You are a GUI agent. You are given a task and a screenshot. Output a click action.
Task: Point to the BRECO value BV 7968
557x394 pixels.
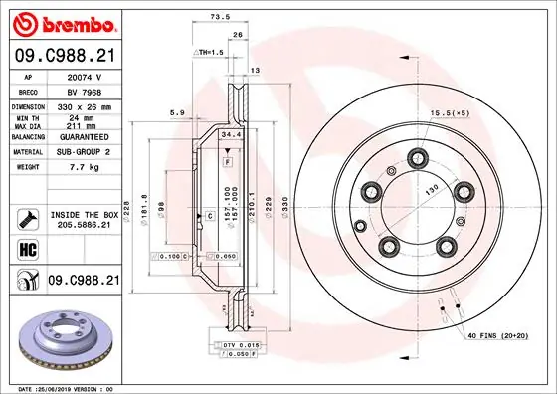coord(80,90)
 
